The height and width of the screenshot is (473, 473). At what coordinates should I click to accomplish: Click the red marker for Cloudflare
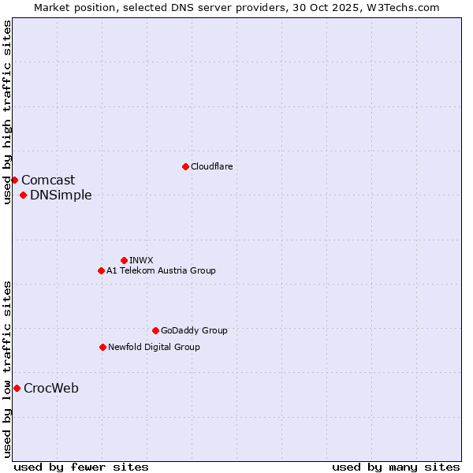pos(185,166)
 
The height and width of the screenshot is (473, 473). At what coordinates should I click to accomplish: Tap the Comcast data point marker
pos(14,180)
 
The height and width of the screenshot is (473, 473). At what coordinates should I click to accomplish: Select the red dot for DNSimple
pos(24,195)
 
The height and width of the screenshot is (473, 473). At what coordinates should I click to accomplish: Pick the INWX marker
pos(124,260)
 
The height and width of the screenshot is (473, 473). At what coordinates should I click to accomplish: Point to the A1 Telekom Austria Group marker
pos(101,270)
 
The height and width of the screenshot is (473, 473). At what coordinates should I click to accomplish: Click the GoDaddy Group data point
pos(155,330)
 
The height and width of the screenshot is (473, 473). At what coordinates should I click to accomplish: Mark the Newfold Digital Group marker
pos(102,347)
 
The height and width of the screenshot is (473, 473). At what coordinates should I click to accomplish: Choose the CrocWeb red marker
pos(17,388)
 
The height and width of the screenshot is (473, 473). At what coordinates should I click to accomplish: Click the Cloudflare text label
pos(211,166)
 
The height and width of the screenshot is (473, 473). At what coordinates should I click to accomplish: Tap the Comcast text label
pos(48,180)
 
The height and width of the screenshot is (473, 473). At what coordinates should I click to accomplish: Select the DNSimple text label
pos(61,195)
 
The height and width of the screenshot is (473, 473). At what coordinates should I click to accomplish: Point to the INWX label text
pos(141,260)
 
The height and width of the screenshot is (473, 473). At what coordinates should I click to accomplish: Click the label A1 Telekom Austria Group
pos(161,270)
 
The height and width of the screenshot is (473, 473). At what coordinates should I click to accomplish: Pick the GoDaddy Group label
pos(194,330)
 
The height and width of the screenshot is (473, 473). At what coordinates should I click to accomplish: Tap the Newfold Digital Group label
pos(154,347)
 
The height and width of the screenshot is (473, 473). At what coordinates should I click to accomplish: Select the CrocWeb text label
pos(51,388)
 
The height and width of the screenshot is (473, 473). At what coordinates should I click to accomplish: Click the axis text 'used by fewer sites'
pos(81,467)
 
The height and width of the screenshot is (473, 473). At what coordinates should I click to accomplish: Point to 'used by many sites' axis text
pos(396,467)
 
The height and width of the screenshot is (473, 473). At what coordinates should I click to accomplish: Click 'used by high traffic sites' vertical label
pos(7,112)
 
